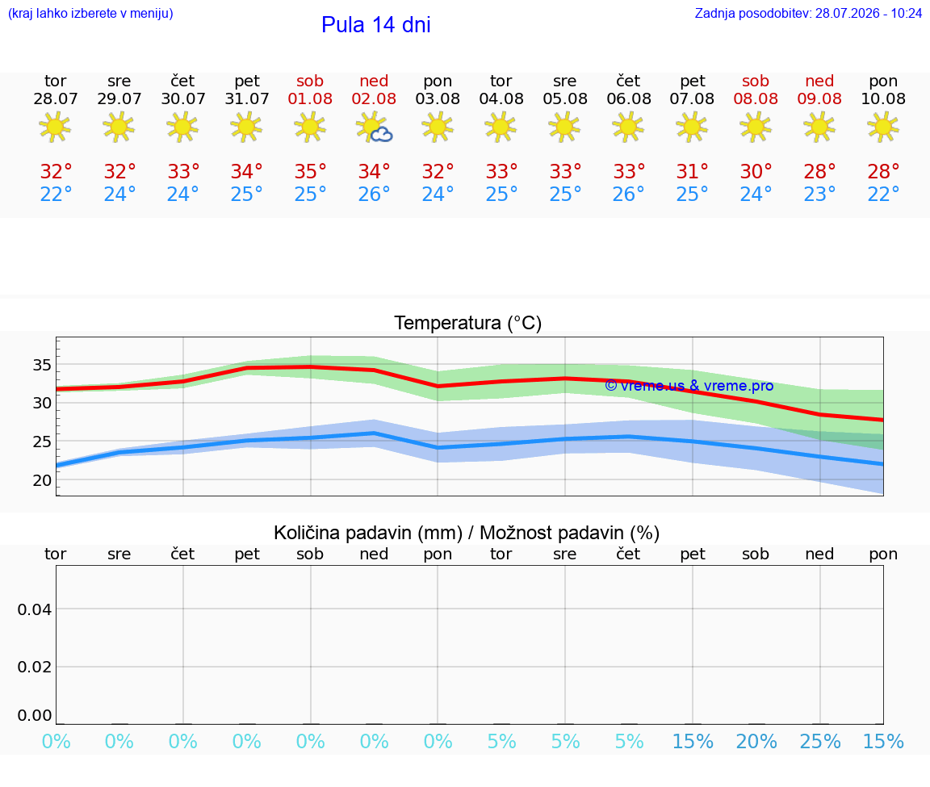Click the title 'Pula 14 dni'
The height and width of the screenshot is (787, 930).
click(375, 25)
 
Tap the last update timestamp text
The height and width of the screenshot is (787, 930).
click(808, 13)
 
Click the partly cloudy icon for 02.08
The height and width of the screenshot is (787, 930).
click(374, 128)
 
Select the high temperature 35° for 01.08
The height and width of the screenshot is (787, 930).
click(310, 171)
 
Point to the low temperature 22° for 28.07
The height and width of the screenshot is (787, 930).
click(56, 194)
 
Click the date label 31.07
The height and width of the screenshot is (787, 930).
click(247, 98)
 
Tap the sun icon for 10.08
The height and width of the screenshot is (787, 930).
click(883, 128)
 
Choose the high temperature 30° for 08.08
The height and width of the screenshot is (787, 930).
click(756, 171)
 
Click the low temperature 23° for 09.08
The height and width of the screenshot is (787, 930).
click(819, 194)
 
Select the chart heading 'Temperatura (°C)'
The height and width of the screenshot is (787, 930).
click(468, 323)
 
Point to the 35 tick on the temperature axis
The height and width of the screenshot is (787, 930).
click(42, 365)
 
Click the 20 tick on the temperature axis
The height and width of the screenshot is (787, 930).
click(42, 480)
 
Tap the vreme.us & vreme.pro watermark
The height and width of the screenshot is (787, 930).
click(689, 386)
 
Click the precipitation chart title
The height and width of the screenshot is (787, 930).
click(467, 533)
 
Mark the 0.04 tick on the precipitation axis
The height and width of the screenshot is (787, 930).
click(35, 609)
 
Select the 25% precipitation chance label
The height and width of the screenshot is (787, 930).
click(819, 741)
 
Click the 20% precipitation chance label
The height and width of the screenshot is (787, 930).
click(756, 741)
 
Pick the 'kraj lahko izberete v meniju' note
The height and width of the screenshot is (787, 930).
click(90, 13)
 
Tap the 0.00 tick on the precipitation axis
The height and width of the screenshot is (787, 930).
click(35, 715)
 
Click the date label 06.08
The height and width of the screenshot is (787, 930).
click(629, 98)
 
